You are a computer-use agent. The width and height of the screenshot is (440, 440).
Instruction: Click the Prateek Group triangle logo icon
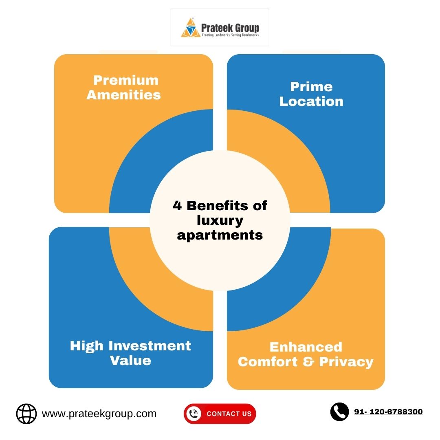pos(191,28)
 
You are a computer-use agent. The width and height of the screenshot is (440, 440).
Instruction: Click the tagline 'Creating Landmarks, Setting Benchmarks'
pos(230,35)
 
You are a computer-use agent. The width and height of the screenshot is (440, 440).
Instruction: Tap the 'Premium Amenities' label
pos(124,88)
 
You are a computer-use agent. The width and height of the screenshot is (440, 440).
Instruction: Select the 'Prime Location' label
pos(311,94)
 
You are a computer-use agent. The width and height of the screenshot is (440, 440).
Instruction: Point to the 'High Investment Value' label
pos(130,353)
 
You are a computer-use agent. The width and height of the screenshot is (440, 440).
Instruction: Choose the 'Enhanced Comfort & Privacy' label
pos(306,354)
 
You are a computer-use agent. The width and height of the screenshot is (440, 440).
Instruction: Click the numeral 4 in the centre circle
pos(177,205)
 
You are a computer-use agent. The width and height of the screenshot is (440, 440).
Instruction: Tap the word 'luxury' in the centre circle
pos(220,220)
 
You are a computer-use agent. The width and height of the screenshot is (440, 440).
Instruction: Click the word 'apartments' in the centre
pos(220,235)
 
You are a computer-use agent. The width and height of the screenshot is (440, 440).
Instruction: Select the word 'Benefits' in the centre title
pos(218,205)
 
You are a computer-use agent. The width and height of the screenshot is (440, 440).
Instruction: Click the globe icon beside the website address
pos(26,414)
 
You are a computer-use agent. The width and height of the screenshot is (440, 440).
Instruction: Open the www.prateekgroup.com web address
pos(99,414)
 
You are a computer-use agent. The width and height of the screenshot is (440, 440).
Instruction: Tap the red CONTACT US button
pos(220,414)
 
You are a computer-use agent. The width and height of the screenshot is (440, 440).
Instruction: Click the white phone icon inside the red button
pos(194,414)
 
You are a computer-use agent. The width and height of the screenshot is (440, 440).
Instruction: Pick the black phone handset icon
pos(339,411)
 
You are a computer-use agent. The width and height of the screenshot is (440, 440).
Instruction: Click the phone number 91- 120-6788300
pos(388,411)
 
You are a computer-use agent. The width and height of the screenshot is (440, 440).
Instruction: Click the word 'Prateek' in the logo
pos(217,28)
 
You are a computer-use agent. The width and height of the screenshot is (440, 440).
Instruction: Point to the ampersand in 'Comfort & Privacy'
pos(308,362)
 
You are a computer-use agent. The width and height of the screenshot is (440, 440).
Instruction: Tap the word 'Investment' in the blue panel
pos(150,346)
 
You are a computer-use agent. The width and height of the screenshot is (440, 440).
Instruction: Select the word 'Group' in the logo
pos(247,28)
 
